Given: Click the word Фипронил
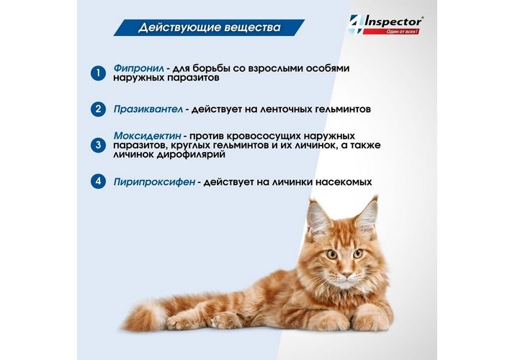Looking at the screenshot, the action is pos(138,68).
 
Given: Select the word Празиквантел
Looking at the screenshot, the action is pos(148,109).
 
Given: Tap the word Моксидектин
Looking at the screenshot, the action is pos(147,135).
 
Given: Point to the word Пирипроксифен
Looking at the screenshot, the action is pos(154,182).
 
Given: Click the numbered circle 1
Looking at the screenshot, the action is pos(98,73).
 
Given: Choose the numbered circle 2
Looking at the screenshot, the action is pos(98,109).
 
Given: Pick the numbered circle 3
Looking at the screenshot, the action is pos(98,145).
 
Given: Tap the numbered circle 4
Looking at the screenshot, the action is pos(98,181).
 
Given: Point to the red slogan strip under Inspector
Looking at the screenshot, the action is pos(391,32).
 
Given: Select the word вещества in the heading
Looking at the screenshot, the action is pos(253,27).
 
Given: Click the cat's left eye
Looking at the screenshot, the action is pos(331,254).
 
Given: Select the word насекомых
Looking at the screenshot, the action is pos(344,182).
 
